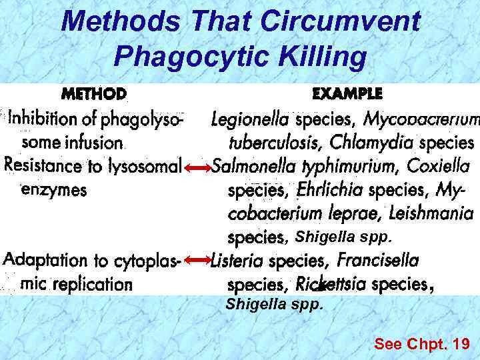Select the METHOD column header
pos(94,93)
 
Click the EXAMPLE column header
pos(347,93)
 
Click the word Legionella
pos(250,120)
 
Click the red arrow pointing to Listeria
pos(197,260)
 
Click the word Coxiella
pos(438,166)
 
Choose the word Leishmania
pos(432,214)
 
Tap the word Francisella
pos(378,260)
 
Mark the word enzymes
pos(55,190)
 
